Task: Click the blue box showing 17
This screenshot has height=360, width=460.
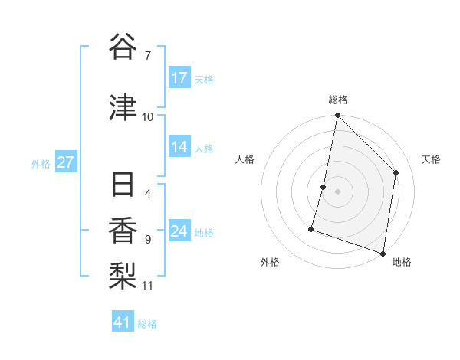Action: pos(179,78)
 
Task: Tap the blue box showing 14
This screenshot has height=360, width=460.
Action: pos(179,148)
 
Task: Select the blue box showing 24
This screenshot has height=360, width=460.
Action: pos(179,232)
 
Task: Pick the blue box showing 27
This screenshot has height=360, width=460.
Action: pos(66,162)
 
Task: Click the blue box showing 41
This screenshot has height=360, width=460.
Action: pos(123,322)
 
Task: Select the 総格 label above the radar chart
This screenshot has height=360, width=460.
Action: pos(337,100)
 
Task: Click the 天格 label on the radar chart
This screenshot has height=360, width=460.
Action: pos(431,159)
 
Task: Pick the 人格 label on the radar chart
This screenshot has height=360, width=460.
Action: pos(245,159)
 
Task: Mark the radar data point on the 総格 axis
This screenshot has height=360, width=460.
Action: pos(337,116)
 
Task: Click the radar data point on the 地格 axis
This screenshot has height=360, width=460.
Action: pos(383,253)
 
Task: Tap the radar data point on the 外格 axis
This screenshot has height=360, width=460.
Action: pos(312,228)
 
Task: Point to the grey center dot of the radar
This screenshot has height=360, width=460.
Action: pos(337,191)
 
